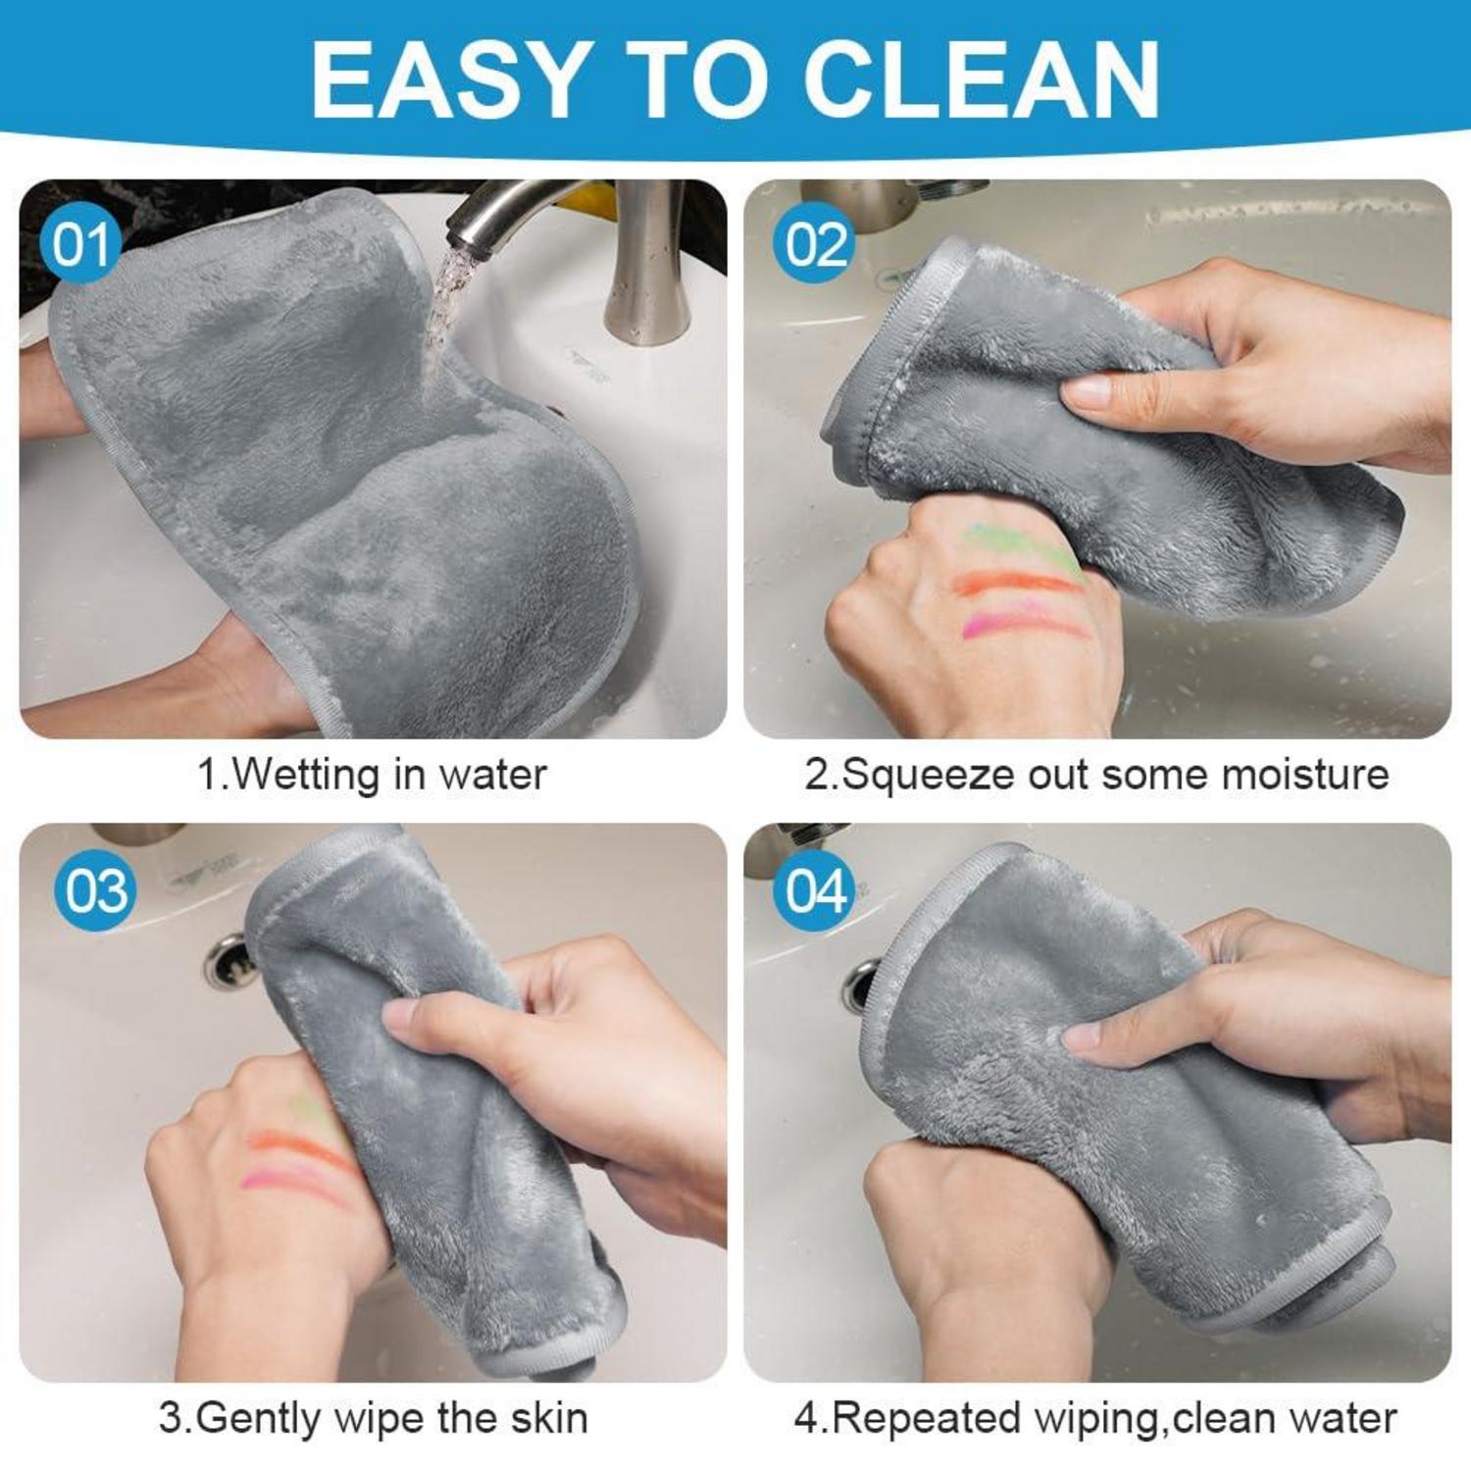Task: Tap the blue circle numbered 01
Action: tap(80, 244)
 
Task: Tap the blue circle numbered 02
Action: tap(814, 244)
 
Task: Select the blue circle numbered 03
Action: tap(95, 890)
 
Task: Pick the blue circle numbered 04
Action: tap(814, 890)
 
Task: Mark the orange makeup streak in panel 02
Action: tap(1015, 584)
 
